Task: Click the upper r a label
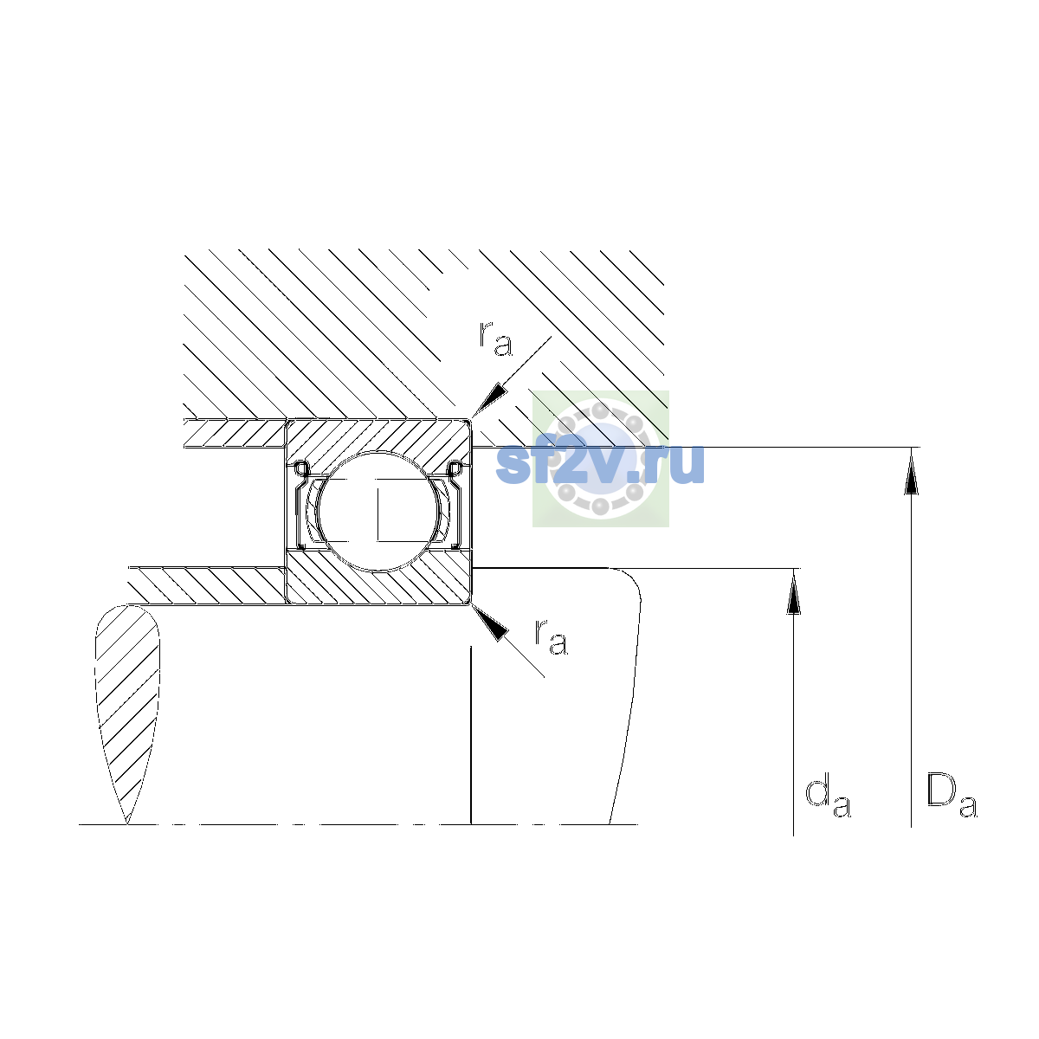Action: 495,339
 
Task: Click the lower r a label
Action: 551,637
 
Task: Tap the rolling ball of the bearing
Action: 378,511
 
